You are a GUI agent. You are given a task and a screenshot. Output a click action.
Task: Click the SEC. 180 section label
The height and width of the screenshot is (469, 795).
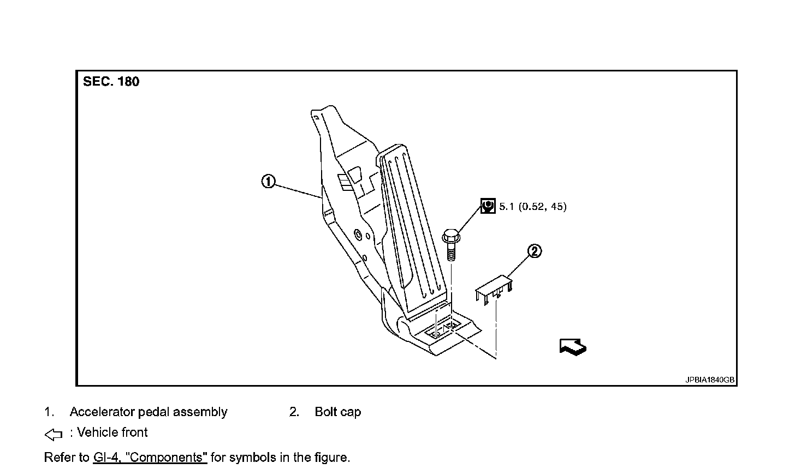click(111, 82)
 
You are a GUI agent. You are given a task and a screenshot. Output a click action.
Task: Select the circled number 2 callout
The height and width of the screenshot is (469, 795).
click(535, 251)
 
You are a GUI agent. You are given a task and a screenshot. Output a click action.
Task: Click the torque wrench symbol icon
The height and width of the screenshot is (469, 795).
click(488, 206)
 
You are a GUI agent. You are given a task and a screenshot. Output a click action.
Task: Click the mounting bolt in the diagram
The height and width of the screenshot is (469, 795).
click(450, 245)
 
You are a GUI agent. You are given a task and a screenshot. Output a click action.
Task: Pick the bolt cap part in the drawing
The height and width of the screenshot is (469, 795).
click(494, 289)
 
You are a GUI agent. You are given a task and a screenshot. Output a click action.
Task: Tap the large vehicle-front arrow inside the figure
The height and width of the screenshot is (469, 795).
click(573, 346)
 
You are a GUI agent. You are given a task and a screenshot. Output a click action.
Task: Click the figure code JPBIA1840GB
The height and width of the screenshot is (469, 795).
click(710, 380)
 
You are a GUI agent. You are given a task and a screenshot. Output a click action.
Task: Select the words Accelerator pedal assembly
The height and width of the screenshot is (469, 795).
click(148, 412)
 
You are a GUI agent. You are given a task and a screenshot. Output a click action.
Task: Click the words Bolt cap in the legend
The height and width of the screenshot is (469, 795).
click(337, 412)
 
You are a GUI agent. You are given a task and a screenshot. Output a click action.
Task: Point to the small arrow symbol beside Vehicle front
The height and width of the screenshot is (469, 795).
click(53, 434)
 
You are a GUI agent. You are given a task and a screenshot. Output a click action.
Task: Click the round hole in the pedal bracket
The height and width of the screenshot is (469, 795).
click(358, 235)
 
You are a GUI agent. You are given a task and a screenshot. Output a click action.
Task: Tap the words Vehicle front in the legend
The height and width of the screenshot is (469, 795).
click(112, 433)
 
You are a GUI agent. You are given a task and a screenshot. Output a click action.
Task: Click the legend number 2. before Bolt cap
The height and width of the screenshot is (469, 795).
click(294, 412)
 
